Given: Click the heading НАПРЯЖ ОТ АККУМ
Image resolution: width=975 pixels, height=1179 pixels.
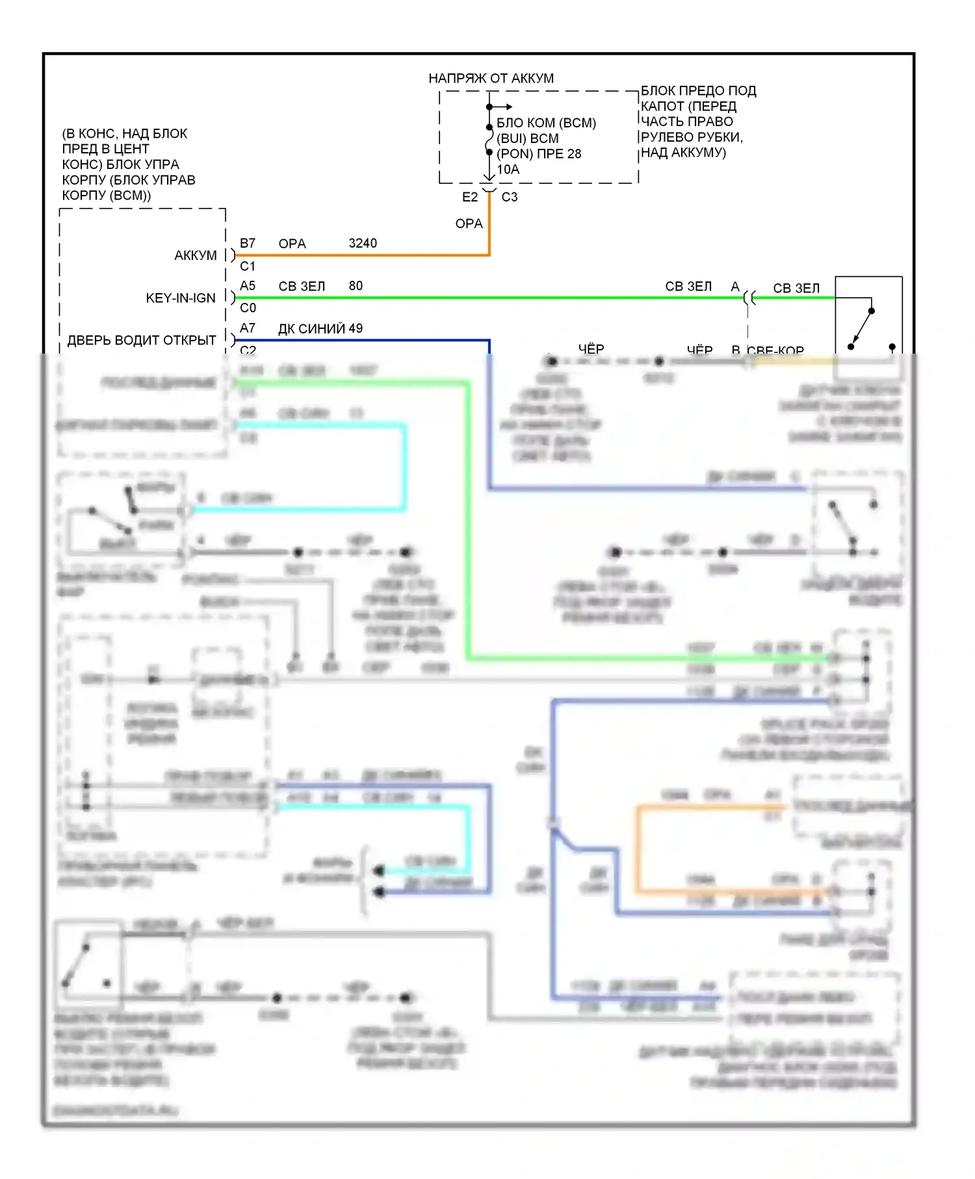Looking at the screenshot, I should pyautogui.click(x=491, y=79).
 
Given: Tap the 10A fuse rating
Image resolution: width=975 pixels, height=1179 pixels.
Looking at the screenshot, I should pyautogui.click(x=508, y=170).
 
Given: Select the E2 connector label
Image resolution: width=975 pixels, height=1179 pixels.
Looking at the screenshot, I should pyautogui.click(x=469, y=197).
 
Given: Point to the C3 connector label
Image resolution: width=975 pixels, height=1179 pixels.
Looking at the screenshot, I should pyautogui.click(x=510, y=197).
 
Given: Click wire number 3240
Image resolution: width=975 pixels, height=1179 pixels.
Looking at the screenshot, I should pyautogui.click(x=363, y=243).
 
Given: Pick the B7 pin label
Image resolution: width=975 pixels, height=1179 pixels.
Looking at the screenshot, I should pyautogui.click(x=247, y=243).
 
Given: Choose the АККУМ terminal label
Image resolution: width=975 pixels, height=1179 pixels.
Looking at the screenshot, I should pyautogui.click(x=195, y=255).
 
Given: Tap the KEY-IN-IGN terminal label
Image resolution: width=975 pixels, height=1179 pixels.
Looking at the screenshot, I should pyautogui.click(x=180, y=298).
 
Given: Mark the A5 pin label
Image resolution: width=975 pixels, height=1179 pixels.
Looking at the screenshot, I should pyautogui.click(x=247, y=286).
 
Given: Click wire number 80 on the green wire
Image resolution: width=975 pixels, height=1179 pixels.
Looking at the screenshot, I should pyautogui.click(x=356, y=286).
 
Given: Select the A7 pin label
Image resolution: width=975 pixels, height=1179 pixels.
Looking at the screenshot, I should pyautogui.click(x=247, y=328).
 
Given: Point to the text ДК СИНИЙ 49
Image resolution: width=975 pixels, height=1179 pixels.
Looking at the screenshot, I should pyautogui.click(x=320, y=329).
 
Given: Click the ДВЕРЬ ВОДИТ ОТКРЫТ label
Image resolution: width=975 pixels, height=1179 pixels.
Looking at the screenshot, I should pyautogui.click(x=141, y=341).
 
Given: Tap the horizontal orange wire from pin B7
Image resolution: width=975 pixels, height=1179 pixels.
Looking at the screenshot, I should pyautogui.click(x=364, y=255).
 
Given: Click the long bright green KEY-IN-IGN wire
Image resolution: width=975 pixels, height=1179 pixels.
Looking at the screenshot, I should pyautogui.click(x=487, y=298).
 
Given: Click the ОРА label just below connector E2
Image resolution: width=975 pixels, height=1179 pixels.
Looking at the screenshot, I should pyautogui.click(x=469, y=224).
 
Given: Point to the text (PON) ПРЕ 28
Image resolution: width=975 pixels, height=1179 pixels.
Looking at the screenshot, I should pyautogui.click(x=538, y=154).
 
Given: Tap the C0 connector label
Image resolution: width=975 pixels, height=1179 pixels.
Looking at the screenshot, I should pyautogui.click(x=248, y=308).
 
